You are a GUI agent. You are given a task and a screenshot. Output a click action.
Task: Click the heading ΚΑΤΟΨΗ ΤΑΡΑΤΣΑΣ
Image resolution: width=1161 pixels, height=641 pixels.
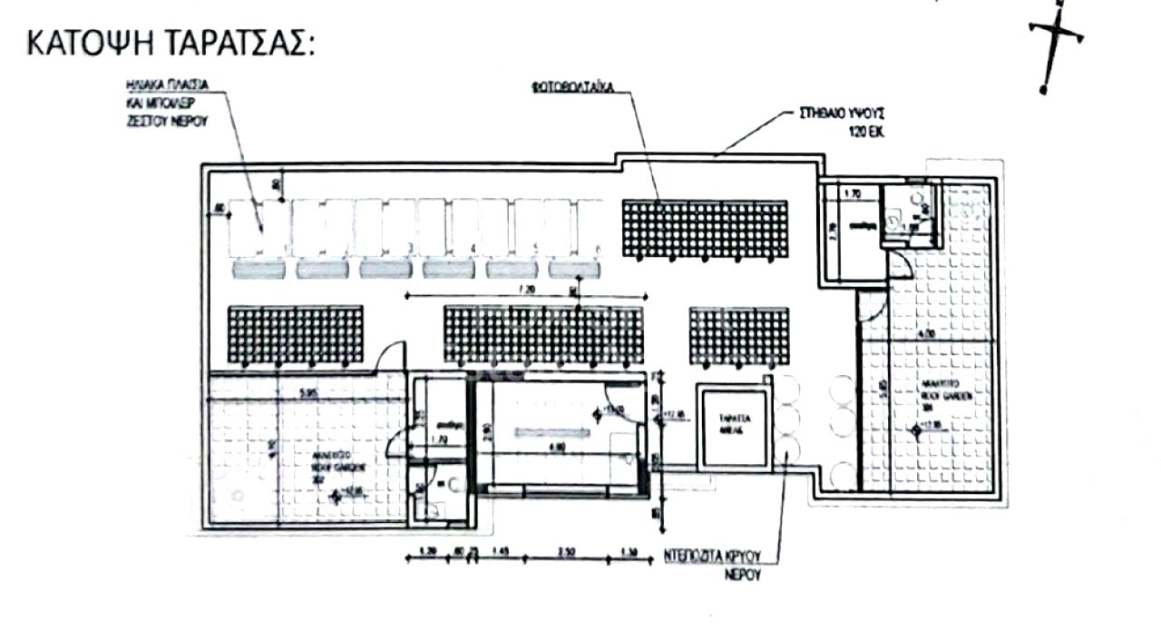171,43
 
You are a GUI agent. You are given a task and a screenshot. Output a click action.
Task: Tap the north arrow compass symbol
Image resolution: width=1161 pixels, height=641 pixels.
1056,45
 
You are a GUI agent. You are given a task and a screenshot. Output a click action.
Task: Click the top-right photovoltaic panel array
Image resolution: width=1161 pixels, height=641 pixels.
704,228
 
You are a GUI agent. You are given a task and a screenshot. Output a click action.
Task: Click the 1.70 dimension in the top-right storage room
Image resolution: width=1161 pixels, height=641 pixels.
852,193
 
